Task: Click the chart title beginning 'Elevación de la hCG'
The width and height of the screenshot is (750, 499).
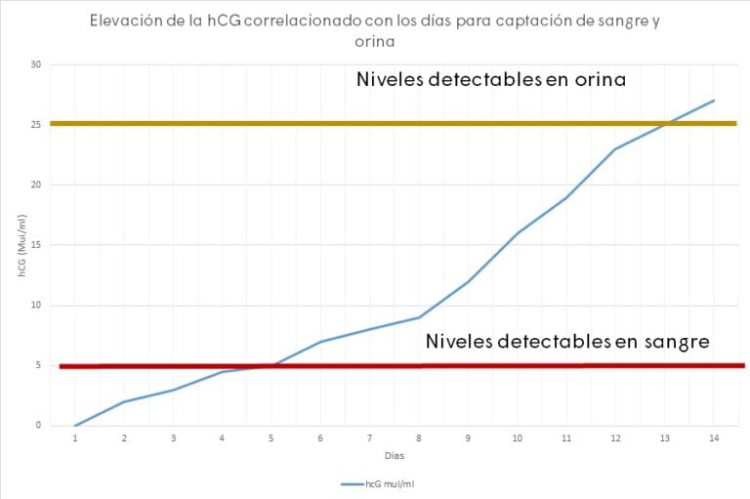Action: [374, 30]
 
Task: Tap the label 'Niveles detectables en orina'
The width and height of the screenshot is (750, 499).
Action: [490, 79]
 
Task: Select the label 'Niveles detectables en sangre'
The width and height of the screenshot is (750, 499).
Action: [567, 342]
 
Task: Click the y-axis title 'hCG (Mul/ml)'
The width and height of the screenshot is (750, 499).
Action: [21, 245]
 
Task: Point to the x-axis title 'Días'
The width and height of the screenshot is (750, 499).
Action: [394, 455]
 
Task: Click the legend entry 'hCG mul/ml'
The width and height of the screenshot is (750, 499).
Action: [381, 483]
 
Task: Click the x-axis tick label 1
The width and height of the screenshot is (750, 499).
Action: [75, 438]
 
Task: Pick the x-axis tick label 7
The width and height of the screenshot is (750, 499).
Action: [369, 438]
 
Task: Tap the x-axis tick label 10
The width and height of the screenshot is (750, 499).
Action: [518, 438]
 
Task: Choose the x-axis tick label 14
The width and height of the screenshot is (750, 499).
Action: [714, 438]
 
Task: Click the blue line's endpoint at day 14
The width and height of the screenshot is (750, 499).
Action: [714, 101]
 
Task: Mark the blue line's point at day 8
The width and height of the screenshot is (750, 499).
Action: [419, 317]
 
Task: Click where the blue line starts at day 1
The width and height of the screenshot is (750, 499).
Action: [75, 425]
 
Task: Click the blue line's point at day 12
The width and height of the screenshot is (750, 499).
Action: [615, 148]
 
